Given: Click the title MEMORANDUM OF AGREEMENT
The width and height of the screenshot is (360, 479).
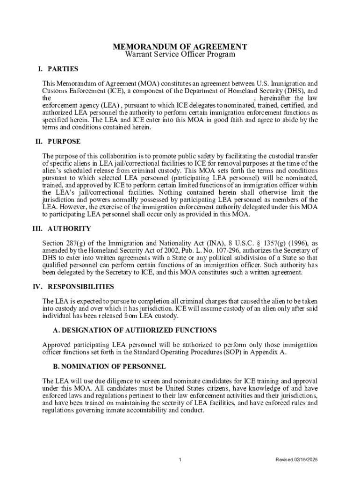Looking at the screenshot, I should pyautogui.click(x=180, y=47).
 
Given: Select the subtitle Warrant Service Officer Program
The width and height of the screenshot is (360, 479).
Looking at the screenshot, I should pyautogui.click(x=180, y=55).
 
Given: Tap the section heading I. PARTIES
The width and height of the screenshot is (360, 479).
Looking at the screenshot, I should pyautogui.click(x=58, y=69).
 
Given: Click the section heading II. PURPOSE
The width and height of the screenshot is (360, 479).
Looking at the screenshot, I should pyautogui.click(x=58, y=141).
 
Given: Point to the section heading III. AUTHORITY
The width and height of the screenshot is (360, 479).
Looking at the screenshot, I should pyautogui.click(x=61, y=229).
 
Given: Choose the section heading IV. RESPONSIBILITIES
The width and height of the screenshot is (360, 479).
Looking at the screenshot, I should pyautogui.click(x=73, y=287).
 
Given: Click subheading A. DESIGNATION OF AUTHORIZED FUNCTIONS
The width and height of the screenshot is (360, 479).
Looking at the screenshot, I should pyautogui.click(x=135, y=330).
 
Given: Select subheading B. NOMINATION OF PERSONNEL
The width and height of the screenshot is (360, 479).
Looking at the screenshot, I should pyautogui.click(x=109, y=367).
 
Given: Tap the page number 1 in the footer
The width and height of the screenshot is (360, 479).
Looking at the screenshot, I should pyautogui.click(x=180, y=460).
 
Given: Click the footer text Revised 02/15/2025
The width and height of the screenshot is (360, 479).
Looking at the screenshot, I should pyautogui.click(x=296, y=460).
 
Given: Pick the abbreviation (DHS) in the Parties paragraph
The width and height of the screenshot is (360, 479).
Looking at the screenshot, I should pyautogui.click(x=293, y=91).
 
